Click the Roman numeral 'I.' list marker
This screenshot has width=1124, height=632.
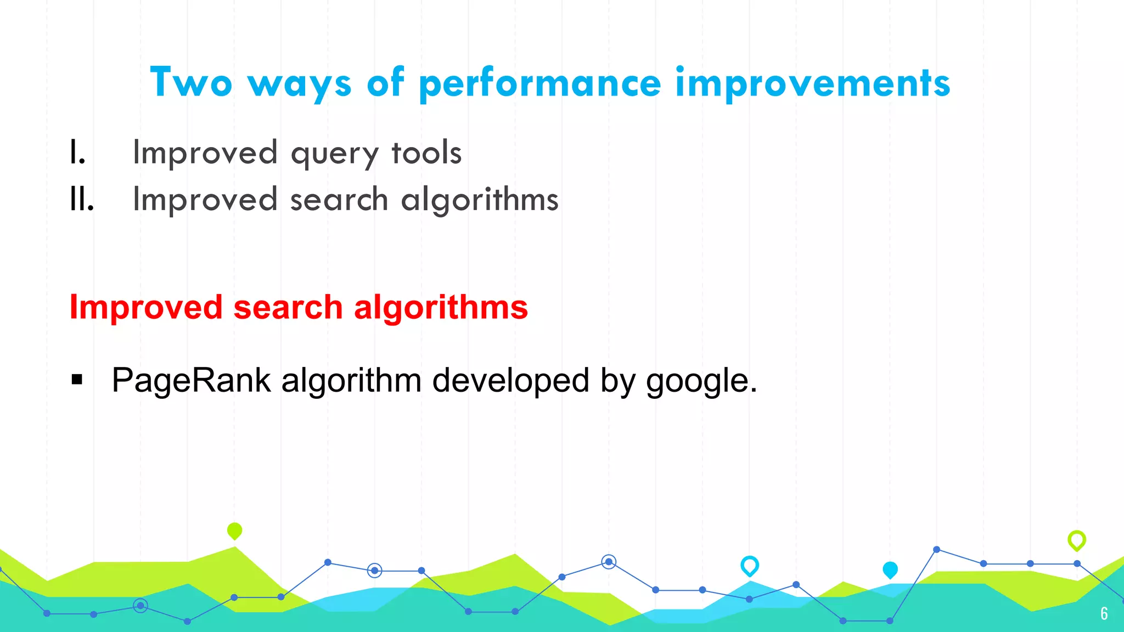[x=77, y=153]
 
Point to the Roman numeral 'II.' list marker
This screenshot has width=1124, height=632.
[x=82, y=199]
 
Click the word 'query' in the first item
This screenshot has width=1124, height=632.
[x=334, y=154]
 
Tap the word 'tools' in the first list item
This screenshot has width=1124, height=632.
[x=426, y=153]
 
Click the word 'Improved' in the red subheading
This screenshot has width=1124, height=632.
[x=145, y=307]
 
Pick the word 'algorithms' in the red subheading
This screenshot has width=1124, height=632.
[x=441, y=307]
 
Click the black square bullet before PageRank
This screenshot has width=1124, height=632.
[x=77, y=380]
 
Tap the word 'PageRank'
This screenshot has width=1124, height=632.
[x=191, y=381]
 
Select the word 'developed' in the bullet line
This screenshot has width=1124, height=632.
[x=510, y=381]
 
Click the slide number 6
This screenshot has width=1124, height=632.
[x=1104, y=613]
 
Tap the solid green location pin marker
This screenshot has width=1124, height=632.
[x=234, y=531]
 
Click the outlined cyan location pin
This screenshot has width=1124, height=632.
[x=750, y=565]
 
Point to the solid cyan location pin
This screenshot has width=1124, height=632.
[x=890, y=569]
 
